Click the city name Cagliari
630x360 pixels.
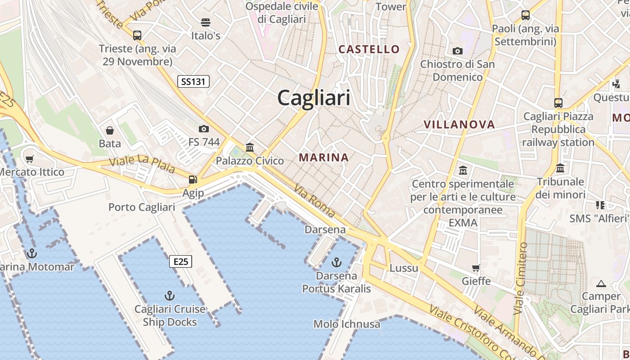314,97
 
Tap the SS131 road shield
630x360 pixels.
193,81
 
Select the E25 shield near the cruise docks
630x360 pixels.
181,261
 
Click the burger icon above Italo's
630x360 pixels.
206,22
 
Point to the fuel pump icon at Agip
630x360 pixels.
193,180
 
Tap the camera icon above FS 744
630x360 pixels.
204,129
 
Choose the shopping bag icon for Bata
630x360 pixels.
110,130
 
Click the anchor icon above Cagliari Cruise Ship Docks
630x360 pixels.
170,296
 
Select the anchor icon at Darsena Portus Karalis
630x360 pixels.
337,262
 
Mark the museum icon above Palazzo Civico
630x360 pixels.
250,147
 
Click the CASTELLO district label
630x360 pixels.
369,49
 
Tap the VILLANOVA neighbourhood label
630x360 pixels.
459,125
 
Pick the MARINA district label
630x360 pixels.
324,157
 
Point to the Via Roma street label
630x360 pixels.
315,200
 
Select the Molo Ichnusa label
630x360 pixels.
346,324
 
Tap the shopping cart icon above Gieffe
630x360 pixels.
476,268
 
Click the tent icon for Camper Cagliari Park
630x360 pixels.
601,284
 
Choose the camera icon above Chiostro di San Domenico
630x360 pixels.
458,51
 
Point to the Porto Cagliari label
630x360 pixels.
142,207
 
